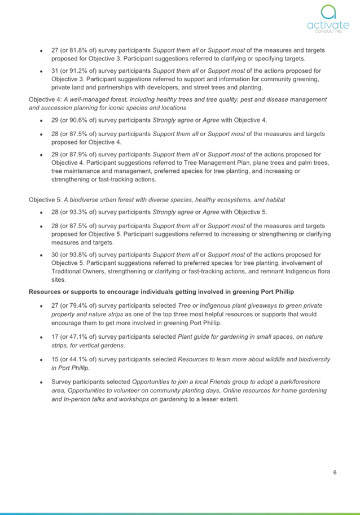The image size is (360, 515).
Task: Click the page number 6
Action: [x=335, y=473]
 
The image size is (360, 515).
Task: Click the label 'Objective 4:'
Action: [x=45, y=99]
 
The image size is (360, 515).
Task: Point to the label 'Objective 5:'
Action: [x=45, y=200]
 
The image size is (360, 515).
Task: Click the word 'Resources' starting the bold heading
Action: [x=46, y=291]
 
